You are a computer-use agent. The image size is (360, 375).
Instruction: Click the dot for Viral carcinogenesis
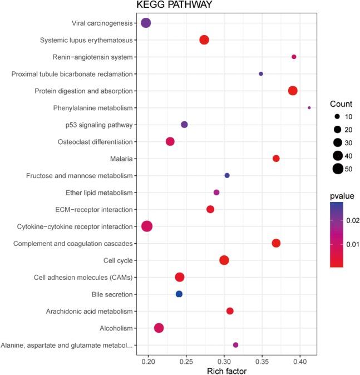(146, 23)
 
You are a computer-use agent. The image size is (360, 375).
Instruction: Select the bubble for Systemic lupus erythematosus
(204, 40)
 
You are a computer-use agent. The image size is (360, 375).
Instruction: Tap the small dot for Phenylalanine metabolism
(309, 107)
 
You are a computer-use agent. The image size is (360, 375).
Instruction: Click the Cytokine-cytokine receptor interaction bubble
(147, 226)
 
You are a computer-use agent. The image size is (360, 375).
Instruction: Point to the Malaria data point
(276, 159)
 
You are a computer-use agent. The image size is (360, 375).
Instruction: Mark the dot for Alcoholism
(159, 328)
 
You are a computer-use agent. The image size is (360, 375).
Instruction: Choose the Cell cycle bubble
(224, 260)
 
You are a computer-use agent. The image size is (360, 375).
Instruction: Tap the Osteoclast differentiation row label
(95, 141)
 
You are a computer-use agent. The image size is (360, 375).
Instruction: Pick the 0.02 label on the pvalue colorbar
(353, 221)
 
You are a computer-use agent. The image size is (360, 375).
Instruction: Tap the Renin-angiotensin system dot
(294, 57)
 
